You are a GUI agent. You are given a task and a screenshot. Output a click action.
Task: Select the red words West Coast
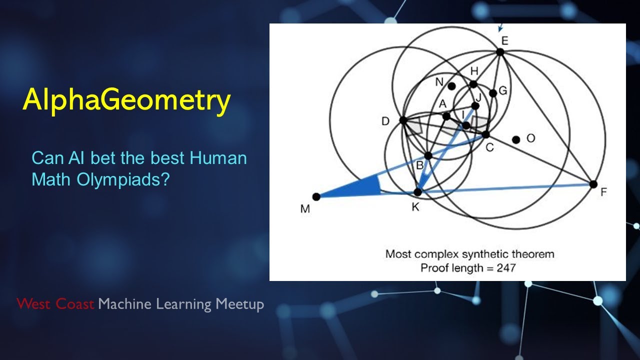click(55, 303)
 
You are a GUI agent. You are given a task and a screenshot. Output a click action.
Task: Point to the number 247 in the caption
click(506, 268)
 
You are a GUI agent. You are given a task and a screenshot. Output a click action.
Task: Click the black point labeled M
click(316, 196)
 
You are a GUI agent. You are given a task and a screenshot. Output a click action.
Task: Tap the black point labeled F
click(593, 184)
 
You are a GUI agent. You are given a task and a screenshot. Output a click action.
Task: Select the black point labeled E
click(500, 52)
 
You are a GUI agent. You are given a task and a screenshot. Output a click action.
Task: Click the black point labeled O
click(516, 139)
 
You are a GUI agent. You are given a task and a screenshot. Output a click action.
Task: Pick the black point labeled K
click(417, 192)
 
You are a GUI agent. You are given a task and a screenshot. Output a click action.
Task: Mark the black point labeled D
click(403, 120)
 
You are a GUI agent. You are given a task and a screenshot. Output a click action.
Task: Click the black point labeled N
click(451, 86)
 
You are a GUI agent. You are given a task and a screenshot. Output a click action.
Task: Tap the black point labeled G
click(493, 93)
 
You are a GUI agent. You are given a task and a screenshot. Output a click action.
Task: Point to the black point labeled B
click(428, 155)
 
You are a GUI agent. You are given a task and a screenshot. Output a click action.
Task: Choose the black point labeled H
click(473, 84)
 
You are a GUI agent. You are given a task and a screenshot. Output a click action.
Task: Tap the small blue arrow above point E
click(500, 27)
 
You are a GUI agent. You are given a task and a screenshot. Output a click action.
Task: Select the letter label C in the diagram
click(489, 147)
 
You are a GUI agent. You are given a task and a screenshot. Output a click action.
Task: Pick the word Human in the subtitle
click(218, 158)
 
